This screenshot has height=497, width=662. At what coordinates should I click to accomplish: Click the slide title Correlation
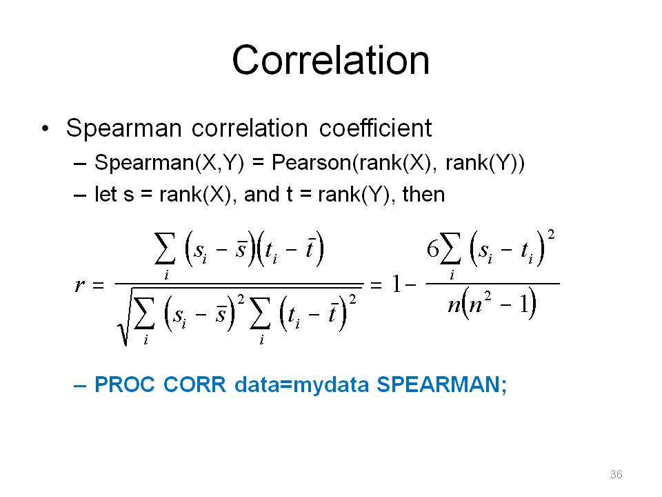pos(330,60)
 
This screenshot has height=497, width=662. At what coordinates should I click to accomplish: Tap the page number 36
pos(616,474)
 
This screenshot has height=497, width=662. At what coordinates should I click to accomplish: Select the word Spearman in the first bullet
pos(123,128)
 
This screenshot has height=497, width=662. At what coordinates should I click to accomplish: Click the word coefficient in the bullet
pos(375,128)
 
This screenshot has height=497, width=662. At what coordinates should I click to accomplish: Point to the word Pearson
pos(311,162)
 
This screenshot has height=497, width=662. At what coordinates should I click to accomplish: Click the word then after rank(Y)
pos(423,195)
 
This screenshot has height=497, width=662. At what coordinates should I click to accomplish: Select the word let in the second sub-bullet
pos(105,195)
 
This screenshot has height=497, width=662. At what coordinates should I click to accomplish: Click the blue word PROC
pos(125,384)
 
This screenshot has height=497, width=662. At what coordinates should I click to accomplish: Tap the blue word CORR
pos(194,384)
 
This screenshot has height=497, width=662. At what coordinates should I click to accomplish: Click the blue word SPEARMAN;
pos(441,384)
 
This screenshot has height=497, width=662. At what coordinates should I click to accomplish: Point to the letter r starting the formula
pos(79,285)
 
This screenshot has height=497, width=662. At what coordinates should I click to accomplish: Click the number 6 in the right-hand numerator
pos(433,248)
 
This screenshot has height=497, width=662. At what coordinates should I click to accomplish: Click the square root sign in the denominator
pos(125,316)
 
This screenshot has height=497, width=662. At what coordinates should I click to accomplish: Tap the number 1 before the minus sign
pos(396,284)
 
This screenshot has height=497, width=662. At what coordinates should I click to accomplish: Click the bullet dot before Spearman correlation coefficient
pos(46,128)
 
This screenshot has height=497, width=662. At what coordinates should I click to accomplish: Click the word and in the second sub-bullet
pos(262,195)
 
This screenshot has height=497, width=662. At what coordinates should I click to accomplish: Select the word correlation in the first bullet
pos(250,128)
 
